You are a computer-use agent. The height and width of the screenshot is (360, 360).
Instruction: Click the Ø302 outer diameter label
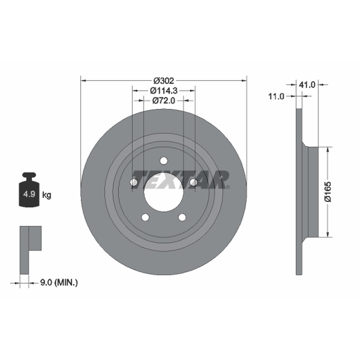coord(164,81)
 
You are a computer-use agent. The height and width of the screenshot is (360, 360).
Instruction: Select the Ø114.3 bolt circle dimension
coord(164,91)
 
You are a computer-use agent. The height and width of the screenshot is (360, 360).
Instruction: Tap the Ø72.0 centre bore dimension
coord(164,100)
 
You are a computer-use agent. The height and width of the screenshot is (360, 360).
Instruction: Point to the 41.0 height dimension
coord(307,85)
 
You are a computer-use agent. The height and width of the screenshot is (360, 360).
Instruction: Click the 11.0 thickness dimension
coord(276,96)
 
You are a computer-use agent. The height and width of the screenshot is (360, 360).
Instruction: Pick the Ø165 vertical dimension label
coord(328,192)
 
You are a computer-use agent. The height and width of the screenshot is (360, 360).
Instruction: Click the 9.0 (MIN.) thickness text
coord(59,283)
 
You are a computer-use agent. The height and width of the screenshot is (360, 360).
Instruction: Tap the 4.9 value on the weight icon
coord(29,194)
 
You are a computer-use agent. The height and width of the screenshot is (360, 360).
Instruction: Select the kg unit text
coord(47,195)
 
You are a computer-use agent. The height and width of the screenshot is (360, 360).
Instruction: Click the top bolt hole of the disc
coord(164,161)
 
